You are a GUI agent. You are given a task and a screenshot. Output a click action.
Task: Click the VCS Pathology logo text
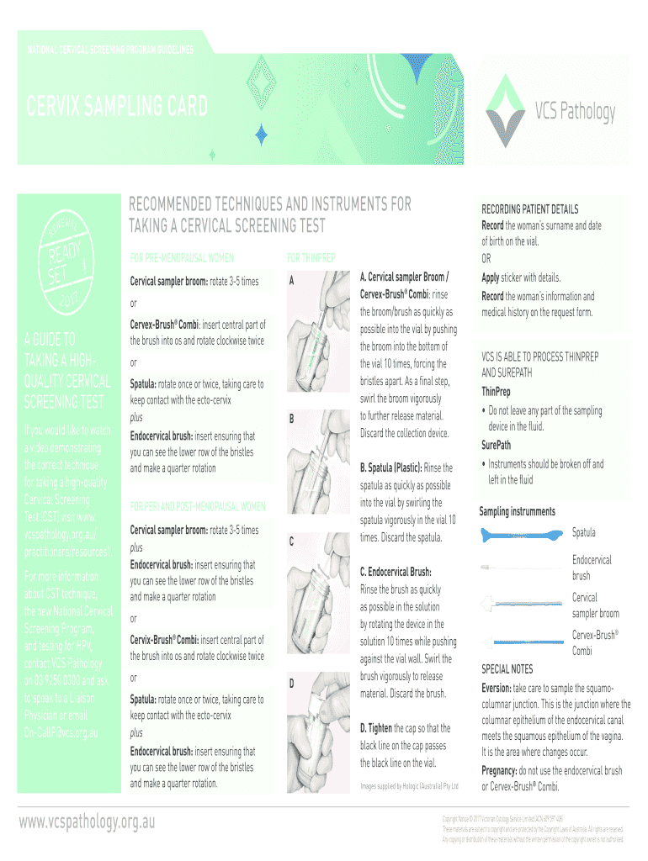575,112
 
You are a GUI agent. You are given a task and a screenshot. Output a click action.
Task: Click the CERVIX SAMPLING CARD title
117,108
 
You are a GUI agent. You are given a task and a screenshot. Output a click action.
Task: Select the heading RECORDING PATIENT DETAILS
529,209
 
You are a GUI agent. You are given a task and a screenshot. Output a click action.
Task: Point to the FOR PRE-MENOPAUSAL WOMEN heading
182,257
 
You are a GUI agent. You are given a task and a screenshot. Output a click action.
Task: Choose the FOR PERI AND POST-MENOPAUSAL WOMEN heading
198,506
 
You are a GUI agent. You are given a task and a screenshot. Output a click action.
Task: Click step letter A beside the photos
291,281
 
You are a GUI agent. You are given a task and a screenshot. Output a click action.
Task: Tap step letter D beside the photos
291,683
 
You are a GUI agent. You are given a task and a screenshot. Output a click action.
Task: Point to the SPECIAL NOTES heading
507,669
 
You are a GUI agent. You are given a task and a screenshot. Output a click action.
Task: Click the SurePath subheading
496,445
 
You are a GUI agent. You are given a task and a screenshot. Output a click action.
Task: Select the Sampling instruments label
517,511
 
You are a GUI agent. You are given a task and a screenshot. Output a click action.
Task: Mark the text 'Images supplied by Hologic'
409,786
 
